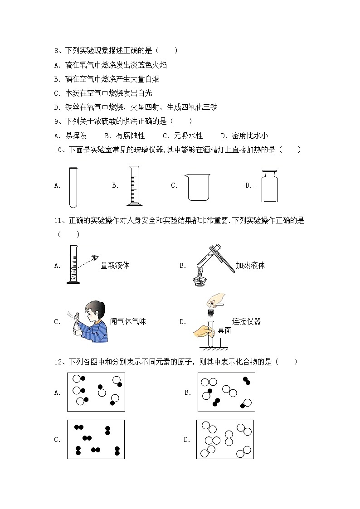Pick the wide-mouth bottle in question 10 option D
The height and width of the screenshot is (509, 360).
point(271,186)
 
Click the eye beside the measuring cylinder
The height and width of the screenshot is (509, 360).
point(95,258)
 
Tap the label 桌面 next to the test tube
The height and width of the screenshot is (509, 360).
point(224,330)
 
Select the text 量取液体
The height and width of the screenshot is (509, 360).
point(115,266)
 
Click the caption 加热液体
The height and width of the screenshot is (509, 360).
point(250,266)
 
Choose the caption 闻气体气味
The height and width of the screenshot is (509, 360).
point(128,321)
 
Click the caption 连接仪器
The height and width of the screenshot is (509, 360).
point(246,321)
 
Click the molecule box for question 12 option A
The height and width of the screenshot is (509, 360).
point(96,392)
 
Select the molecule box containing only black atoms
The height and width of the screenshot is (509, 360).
point(96,440)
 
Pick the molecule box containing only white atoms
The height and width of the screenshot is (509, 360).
point(225,439)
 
